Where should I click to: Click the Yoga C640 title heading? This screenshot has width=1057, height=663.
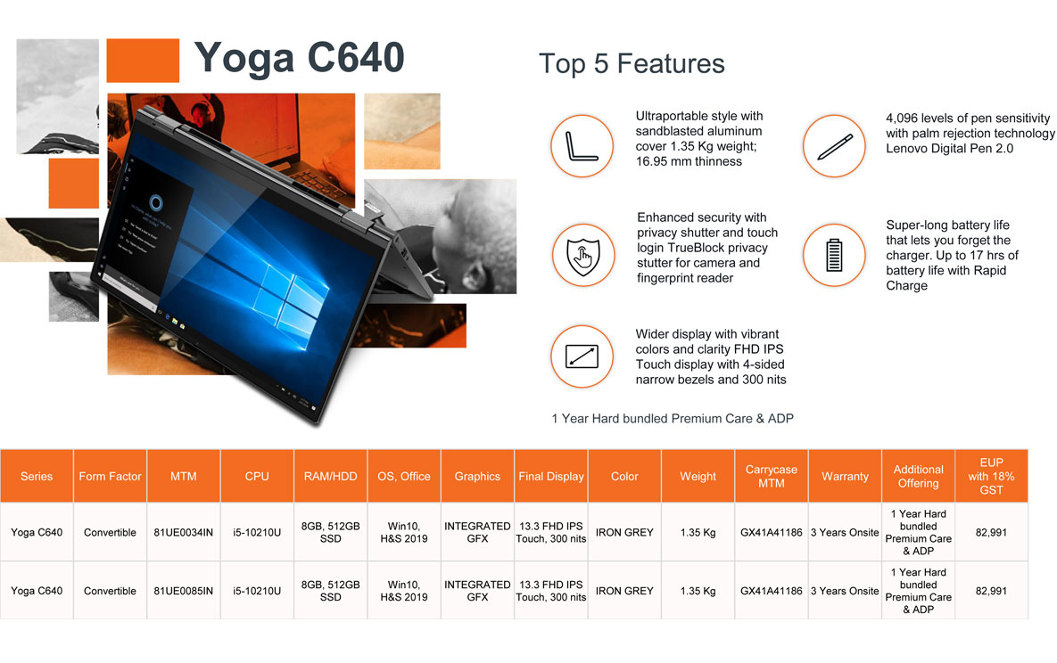(x=299, y=59)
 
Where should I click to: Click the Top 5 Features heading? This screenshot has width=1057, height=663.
(x=632, y=64)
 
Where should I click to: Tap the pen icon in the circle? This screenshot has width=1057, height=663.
(x=835, y=146)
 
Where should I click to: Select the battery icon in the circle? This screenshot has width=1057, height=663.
(x=834, y=255)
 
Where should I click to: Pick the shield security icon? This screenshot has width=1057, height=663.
(x=583, y=256)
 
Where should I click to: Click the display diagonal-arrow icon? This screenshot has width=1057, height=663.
(x=582, y=356)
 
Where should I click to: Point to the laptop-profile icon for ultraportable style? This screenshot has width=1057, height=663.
(x=582, y=146)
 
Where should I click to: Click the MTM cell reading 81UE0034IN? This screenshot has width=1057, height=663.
(x=184, y=532)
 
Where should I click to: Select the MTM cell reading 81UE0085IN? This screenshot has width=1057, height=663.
(x=184, y=591)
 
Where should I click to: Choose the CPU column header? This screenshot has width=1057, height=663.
(x=257, y=477)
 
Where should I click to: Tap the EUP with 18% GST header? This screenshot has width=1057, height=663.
(x=991, y=477)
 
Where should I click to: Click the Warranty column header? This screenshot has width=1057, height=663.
(x=845, y=477)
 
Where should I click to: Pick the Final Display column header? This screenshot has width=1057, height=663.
(x=550, y=477)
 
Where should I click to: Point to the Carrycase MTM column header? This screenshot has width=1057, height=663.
(x=772, y=477)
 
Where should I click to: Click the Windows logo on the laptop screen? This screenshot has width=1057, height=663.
(x=287, y=302)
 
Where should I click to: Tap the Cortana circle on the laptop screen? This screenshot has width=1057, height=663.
(x=156, y=202)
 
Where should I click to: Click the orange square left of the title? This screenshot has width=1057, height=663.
(x=143, y=61)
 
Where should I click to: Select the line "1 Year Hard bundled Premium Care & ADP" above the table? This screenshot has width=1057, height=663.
(x=672, y=419)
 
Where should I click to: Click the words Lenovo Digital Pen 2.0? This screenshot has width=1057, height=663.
(x=949, y=148)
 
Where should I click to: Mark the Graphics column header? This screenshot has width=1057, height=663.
(x=477, y=477)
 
